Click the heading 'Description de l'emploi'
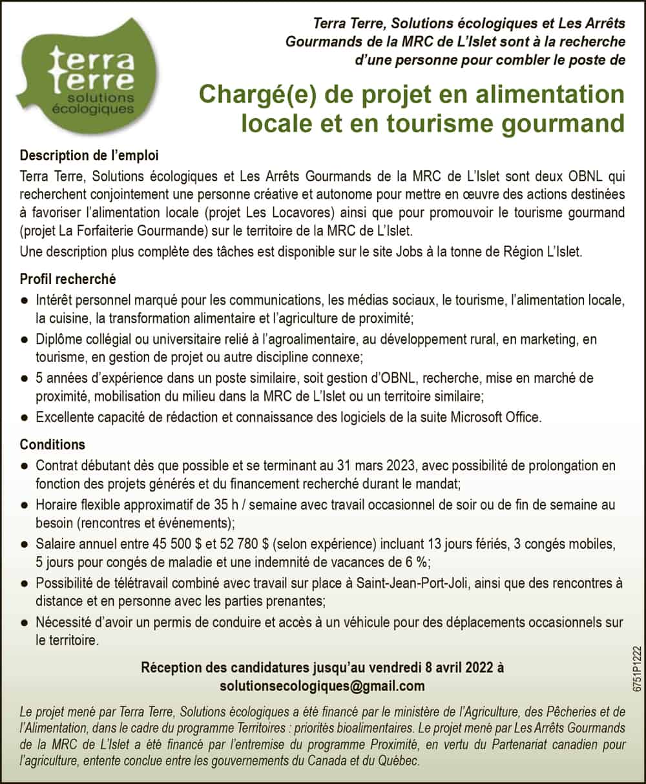89,156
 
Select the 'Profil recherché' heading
68,279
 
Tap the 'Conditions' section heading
52,445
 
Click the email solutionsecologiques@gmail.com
322,685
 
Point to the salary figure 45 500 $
179,544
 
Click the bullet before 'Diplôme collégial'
25,340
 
